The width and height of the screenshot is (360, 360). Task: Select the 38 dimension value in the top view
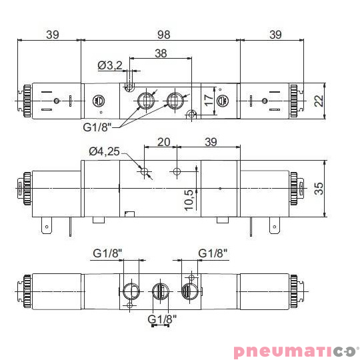pyautogui.click(x=161, y=53)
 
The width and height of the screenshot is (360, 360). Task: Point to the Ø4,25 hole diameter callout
pyautogui.click(x=104, y=151)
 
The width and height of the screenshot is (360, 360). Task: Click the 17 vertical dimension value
pyautogui.click(x=209, y=101)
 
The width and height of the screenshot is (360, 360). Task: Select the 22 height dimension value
pyautogui.click(x=318, y=100)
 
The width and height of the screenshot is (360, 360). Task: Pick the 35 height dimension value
pyautogui.click(x=318, y=189)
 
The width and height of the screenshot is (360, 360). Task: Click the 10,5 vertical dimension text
pyautogui.click(x=189, y=199)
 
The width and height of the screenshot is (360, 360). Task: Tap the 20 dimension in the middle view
pyautogui.click(x=163, y=142)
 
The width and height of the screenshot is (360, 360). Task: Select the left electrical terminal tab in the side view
pyautogui.click(x=47, y=227)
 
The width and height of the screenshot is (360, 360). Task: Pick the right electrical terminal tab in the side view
pyautogui.click(x=273, y=227)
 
